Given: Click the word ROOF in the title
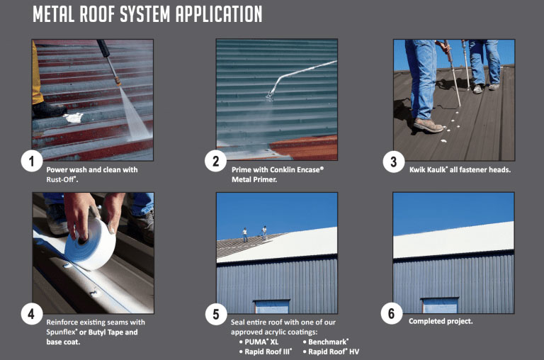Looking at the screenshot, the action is coord(97,15).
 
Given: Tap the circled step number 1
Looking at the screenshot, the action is coord(32,161).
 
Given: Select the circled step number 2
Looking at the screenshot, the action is coord(215,161).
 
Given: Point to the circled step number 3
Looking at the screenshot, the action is coord(393,162).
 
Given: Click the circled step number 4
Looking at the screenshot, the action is coord(32,314).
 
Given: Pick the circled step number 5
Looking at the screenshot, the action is coord(216,314).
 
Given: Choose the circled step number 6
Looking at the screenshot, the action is coord(391,313).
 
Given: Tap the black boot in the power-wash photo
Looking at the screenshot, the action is coord(49,109).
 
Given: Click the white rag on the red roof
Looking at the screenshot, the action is coord(74,118).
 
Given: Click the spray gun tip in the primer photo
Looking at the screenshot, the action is coord(270,96).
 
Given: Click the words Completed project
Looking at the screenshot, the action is coord(441,322).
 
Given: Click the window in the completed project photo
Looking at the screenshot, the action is coord(440,305).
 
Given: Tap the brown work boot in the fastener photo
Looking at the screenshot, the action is coord(428,125).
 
